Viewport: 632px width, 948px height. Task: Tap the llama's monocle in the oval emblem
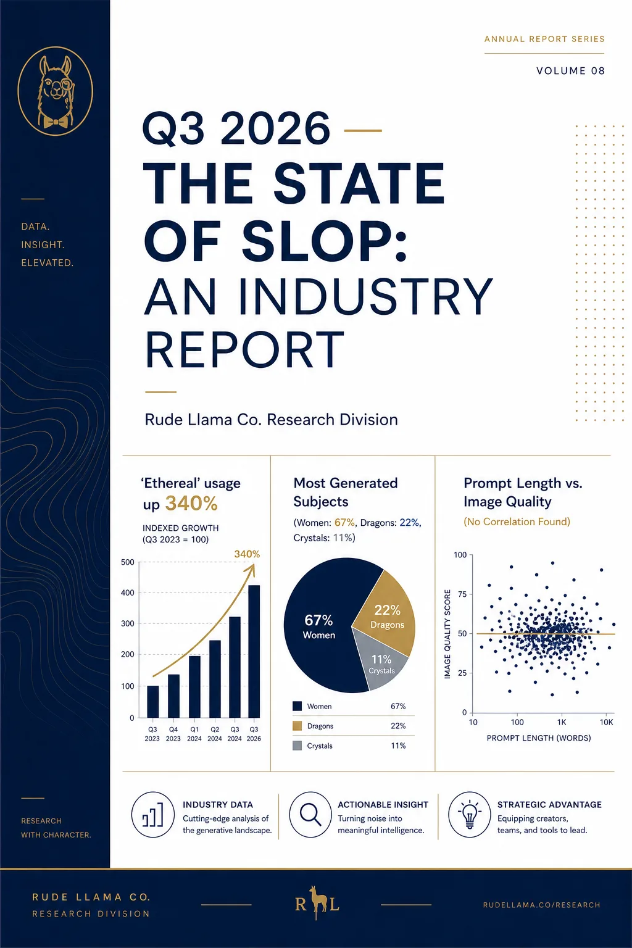[x=67, y=85]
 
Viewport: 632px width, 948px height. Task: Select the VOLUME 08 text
[x=571, y=71]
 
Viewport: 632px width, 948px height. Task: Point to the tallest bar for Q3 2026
[x=254, y=651]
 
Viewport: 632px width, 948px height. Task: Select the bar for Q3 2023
[x=153, y=702]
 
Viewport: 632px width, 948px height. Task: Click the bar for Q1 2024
[x=194, y=686]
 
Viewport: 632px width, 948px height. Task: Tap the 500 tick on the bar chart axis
[x=127, y=562]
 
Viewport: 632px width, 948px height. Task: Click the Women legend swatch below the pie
[x=297, y=706]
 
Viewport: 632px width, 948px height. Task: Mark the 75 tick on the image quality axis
[x=462, y=594]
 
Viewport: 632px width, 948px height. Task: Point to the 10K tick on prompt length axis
[x=606, y=722]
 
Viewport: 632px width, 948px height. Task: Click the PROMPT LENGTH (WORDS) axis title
[x=538, y=738]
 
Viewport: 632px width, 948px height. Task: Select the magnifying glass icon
[x=310, y=814]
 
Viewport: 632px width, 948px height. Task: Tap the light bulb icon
[x=469, y=815]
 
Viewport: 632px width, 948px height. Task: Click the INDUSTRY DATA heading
[x=218, y=805]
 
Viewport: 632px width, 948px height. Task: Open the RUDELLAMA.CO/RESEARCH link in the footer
[x=541, y=905]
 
